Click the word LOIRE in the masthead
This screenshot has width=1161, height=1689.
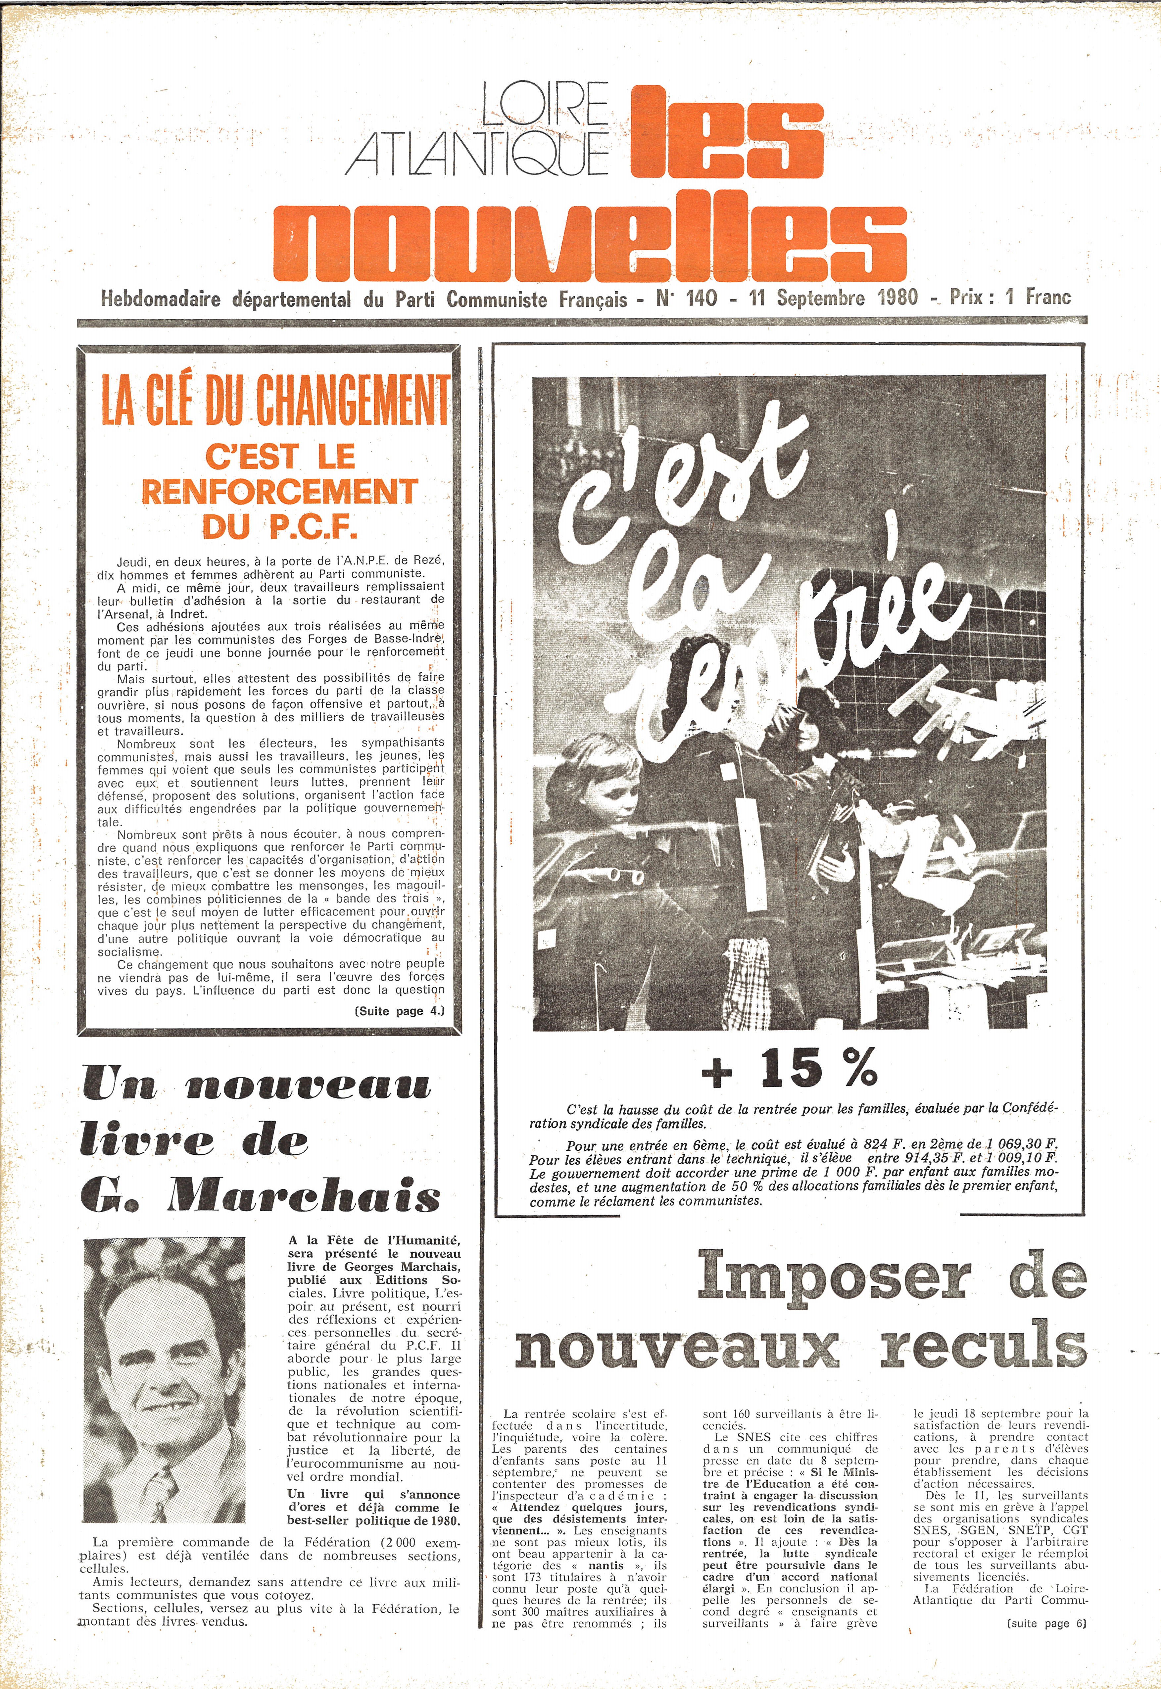pyautogui.click(x=545, y=104)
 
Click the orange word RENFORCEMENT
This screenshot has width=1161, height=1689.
pyautogui.click(x=279, y=491)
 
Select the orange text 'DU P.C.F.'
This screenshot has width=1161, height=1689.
pyautogui.click(x=280, y=526)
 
